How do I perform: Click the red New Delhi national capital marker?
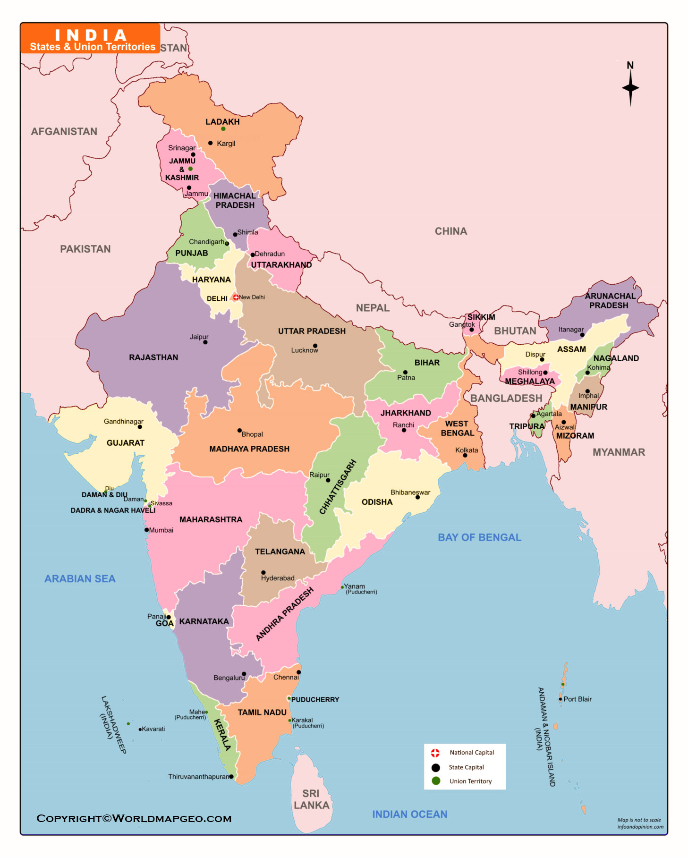click(235, 297)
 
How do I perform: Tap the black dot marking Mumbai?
click(146, 530)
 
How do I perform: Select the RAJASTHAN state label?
click(153, 357)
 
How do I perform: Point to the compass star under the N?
click(630, 88)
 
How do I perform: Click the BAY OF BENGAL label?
click(479, 537)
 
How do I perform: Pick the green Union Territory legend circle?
click(435, 781)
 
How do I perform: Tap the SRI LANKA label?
click(311, 799)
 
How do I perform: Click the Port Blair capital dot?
click(560, 699)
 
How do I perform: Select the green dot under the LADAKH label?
click(223, 129)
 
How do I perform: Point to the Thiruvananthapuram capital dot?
click(231, 776)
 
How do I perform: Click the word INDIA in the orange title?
click(91, 35)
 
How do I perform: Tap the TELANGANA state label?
click(280, 552)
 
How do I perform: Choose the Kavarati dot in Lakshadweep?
click(140, 729)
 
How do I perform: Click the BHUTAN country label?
click(515, 331)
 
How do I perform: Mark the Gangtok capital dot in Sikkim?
click(471, 329)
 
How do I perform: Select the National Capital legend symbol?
click(435, 753)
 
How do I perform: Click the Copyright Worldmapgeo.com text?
click(134, 818)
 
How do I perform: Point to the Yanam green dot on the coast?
click(342, 587)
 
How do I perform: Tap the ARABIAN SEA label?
click(80, 579)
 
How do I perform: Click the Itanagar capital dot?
click(582, 335)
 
